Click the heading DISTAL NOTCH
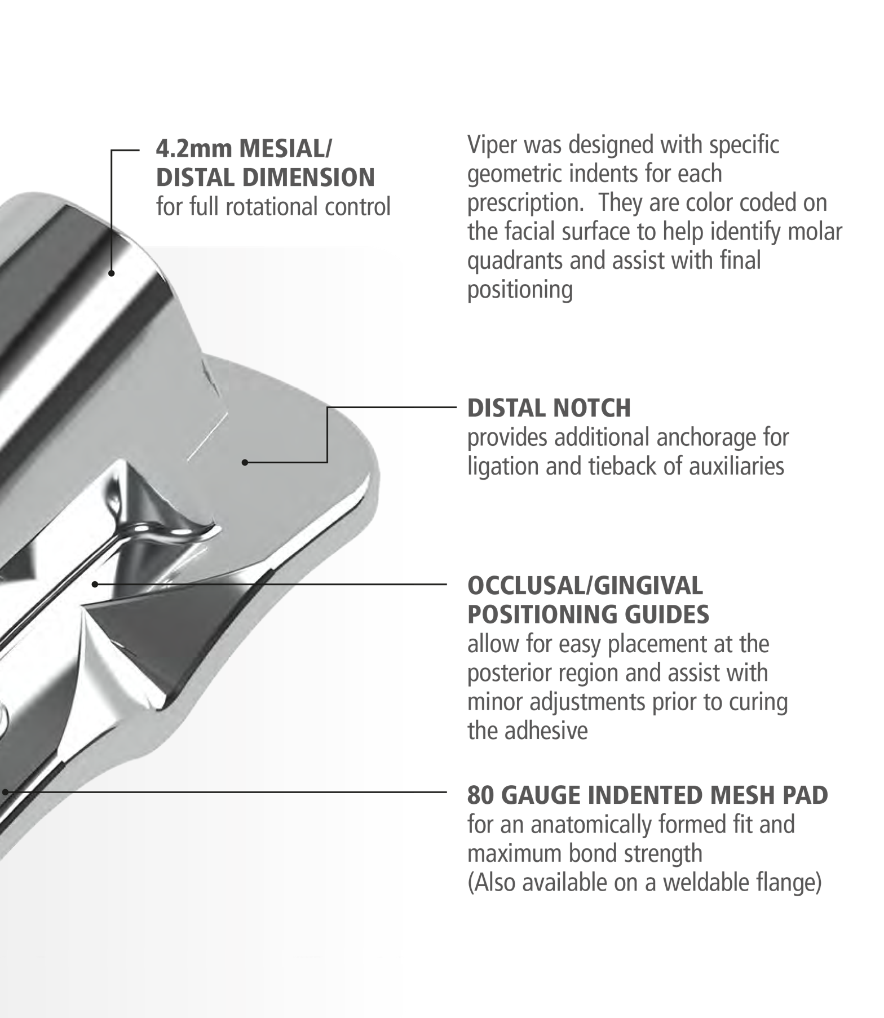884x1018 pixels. pos(549,408)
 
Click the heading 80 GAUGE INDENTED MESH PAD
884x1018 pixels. pos(647,795)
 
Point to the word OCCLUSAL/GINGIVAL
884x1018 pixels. pos(585,586)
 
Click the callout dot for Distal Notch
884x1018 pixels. pos(245,462)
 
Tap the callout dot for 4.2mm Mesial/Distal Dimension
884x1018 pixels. pos(112,273)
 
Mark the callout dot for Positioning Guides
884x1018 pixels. pos(95,584)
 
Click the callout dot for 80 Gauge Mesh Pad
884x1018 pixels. pos(5,792)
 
